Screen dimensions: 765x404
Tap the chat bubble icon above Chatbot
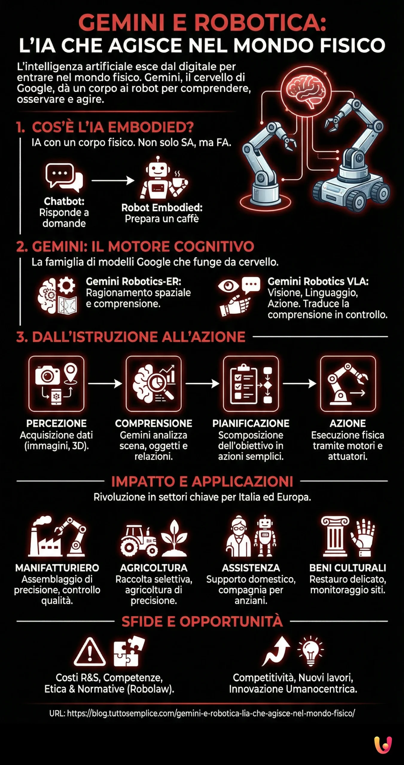point(64,178)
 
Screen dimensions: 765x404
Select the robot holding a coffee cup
point(163,178)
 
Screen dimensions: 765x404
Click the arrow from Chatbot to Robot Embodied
point(113,180)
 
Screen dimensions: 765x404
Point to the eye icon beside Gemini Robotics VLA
point(228,286)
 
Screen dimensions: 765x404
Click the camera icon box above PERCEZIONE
point(56,384)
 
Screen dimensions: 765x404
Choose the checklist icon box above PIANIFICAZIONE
point(251,384)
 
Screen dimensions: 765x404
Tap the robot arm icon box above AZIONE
point(348,384)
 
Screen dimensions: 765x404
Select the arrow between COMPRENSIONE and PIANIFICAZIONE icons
point(202,383)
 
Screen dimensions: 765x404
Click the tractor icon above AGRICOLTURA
point(139,541)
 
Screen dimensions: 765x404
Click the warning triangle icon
point(89,652)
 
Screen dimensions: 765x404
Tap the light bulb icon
point(311,651)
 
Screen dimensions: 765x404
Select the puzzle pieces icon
point(129,651)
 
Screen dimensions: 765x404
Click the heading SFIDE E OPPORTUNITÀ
point(202,621)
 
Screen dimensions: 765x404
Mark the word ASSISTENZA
point(251,568)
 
